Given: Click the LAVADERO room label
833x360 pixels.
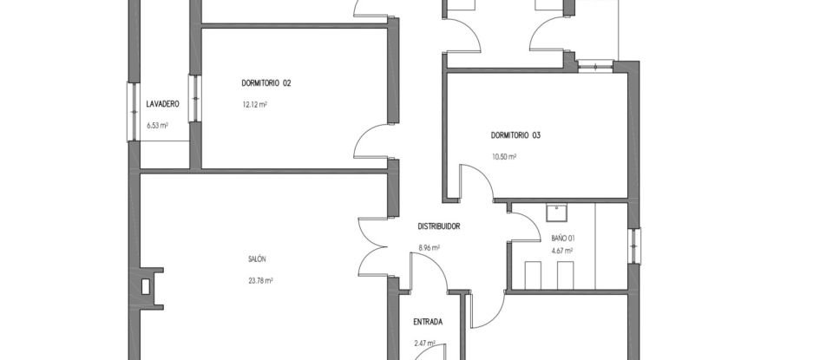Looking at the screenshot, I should click(x=162, y=104).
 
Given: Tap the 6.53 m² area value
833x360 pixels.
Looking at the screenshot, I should click(x=157, y=125).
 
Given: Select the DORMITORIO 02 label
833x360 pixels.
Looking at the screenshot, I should click(x=266, y=83).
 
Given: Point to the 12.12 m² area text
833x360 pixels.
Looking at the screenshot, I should click(x=254, y=105).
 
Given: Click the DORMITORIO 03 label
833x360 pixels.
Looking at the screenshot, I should click(x=515, y=135).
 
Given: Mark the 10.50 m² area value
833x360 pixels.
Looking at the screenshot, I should click(x=504, y=157).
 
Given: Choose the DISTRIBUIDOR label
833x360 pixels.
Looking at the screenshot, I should click(x=438, y=226).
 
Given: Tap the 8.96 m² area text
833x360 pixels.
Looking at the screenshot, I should click(x=429, y=247).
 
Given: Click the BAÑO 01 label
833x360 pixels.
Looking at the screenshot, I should click(x=563, y=238).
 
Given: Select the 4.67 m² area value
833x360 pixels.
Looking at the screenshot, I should click(x=562, y=252).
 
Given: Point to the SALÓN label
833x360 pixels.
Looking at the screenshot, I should click(x=256, y=259).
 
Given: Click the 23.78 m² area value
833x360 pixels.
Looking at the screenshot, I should click(x=260, y=280).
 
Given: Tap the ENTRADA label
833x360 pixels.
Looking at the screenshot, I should click(x=428, y=322).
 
